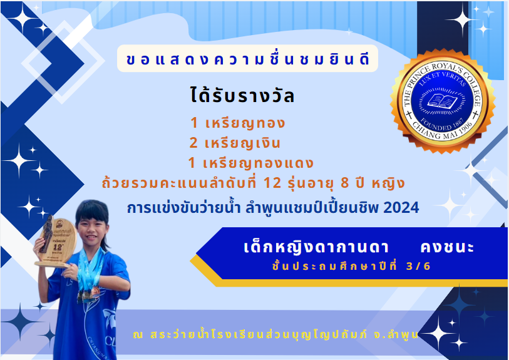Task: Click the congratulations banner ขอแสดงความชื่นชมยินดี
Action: tap(247, 59)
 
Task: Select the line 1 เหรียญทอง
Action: tap(238, 123)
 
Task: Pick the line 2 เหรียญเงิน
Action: tap(235, 143)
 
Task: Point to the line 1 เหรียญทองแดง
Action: tap(250, 163)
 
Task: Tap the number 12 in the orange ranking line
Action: tap(272, 183)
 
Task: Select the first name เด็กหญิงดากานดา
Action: tap(316, 247)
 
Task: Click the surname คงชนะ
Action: tap(447, 247)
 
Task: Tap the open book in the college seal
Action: tap(442, 100)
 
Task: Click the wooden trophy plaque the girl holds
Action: tap(56, 242)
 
